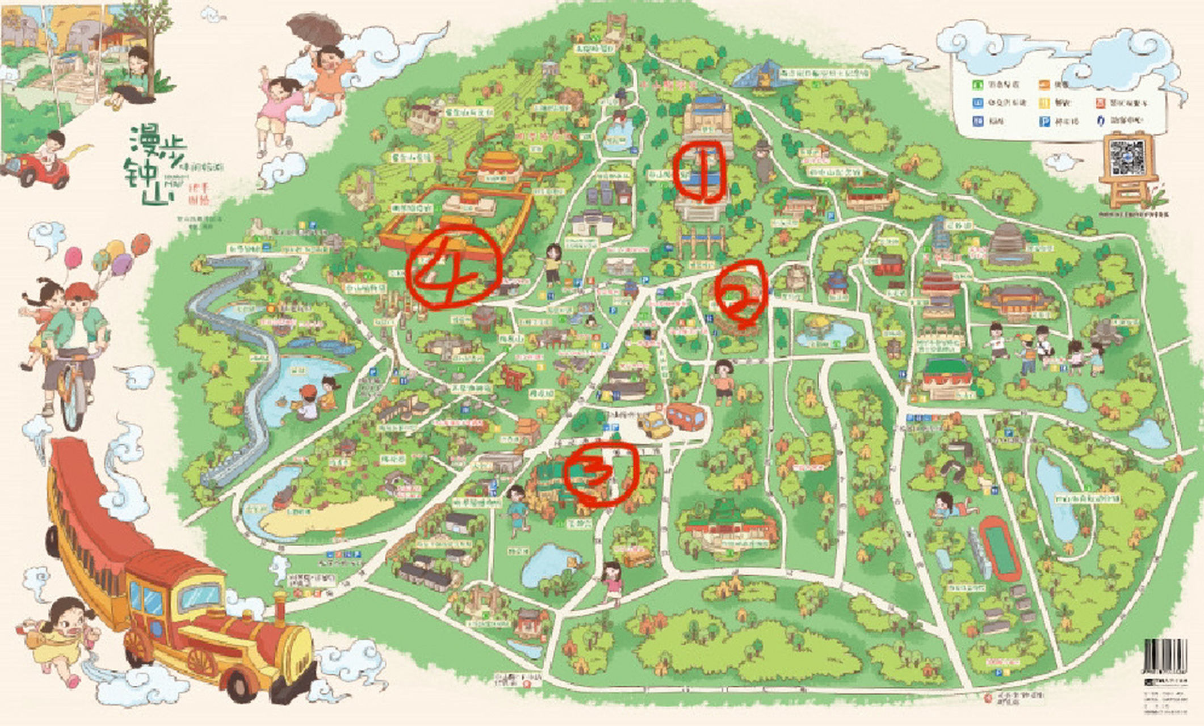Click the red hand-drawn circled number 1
tap(700, 172)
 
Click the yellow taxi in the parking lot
tap(655, 424)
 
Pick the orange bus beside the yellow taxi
tap(686, 415)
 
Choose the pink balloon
tap(73, 259)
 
